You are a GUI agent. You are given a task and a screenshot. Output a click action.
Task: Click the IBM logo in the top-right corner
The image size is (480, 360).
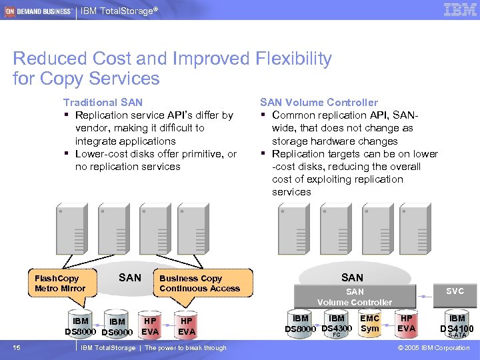(459, 9)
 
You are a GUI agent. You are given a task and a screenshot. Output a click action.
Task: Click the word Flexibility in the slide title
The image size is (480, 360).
(293, 59)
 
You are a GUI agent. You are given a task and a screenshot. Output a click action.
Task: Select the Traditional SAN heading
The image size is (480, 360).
(103, 103)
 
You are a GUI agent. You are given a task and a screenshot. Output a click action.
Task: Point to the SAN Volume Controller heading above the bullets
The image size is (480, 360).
(319, 103)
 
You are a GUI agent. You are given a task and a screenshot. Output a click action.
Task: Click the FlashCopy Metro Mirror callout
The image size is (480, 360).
(60, 283)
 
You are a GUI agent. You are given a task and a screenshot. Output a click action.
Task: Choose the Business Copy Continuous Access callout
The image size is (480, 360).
(200, 283)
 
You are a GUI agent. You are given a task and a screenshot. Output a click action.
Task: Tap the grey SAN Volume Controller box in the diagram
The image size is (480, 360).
(355, 297)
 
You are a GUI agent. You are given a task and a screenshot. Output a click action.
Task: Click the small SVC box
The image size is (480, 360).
(455, 291)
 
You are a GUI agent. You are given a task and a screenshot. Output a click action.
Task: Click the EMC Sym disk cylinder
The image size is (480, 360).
(369, 324)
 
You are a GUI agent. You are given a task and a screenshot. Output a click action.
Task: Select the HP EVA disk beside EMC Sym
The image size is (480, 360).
(406, 324)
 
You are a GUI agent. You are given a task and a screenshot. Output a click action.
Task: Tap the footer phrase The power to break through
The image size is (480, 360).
(185, 348)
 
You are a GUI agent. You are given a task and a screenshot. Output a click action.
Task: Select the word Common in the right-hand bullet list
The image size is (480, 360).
(297, 115)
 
